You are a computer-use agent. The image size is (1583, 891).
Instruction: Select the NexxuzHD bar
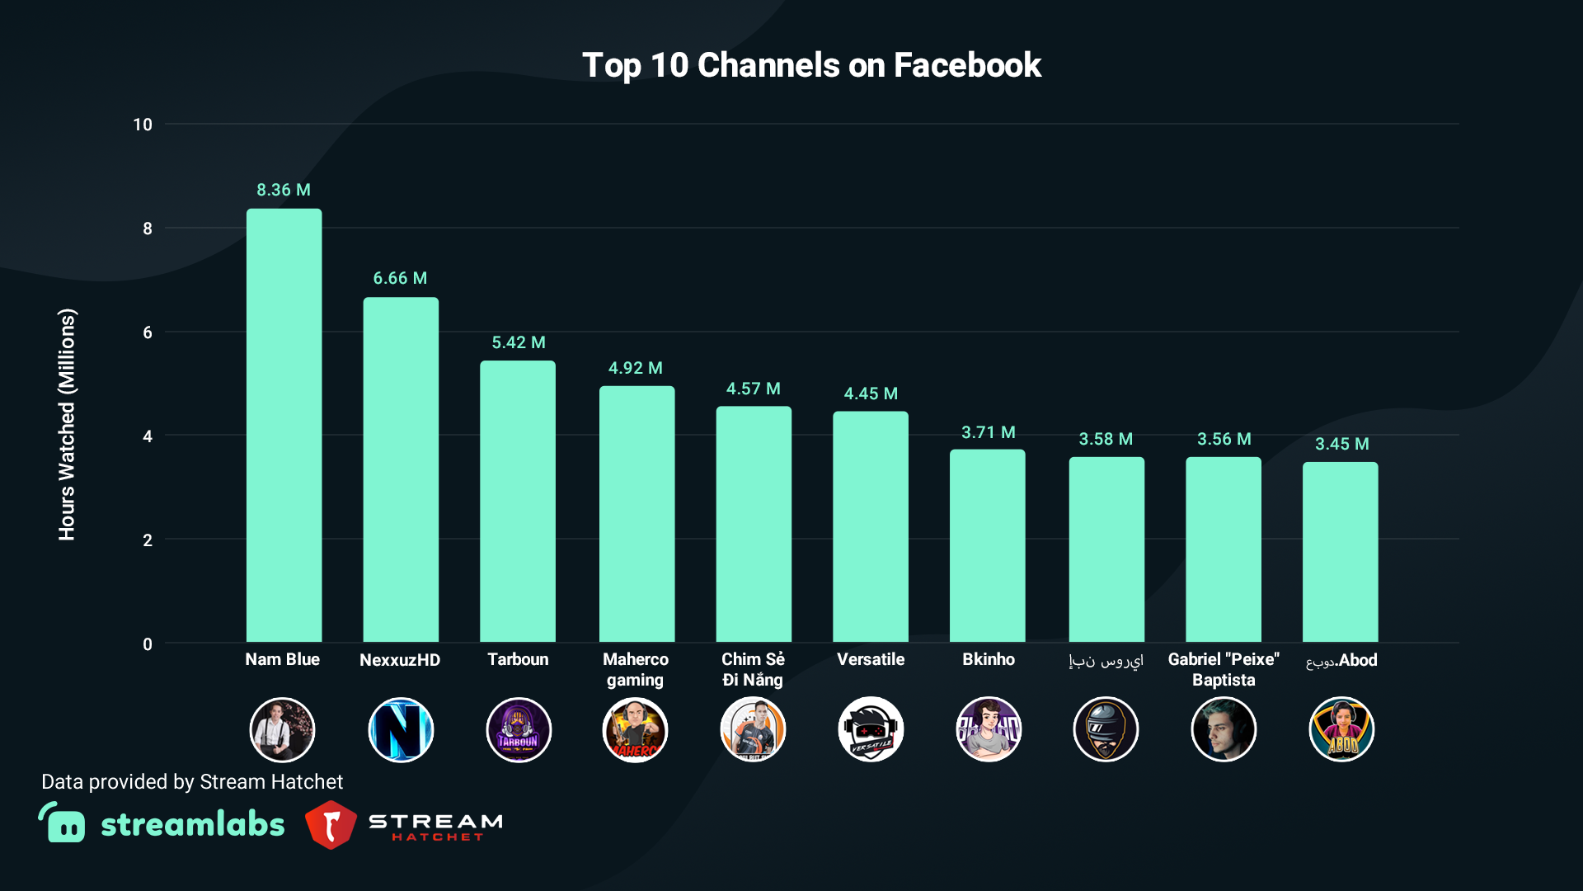(x=401, y=469)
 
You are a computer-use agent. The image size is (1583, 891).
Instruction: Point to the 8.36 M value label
(x=284, y=190)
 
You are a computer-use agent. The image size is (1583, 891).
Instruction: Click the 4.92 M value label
(x=635, y=368)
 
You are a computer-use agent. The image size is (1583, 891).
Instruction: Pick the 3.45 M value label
(x=1341, y=444)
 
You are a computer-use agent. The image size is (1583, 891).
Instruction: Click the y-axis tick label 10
(x=143, y=125)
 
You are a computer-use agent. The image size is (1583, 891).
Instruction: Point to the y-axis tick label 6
(x=148, y=332)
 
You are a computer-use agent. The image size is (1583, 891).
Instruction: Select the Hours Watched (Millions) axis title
(x=67, y=424)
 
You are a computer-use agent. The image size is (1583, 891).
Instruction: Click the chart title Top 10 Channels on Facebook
(x=811, y=65)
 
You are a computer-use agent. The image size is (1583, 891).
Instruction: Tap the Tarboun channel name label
(x=518, y=659)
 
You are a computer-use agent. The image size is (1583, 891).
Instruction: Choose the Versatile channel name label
(x=871, y=659)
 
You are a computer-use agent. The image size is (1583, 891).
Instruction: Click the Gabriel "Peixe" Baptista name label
(x=1224, y=669)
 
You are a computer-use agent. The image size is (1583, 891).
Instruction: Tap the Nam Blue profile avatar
(x=283, y=729)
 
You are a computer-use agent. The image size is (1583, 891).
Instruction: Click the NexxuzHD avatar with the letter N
(x=401, y=729)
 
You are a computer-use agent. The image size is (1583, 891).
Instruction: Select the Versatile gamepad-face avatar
(x=871, y=729)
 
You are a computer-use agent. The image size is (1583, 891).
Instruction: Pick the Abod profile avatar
(x=1341, y=729)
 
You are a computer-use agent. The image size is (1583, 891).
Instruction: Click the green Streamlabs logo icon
(x=63, y=823)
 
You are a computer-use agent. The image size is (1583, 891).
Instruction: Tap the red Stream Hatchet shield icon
(x=331, y=824)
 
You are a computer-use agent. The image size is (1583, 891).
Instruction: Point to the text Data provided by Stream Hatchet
(x=192, y=781)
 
